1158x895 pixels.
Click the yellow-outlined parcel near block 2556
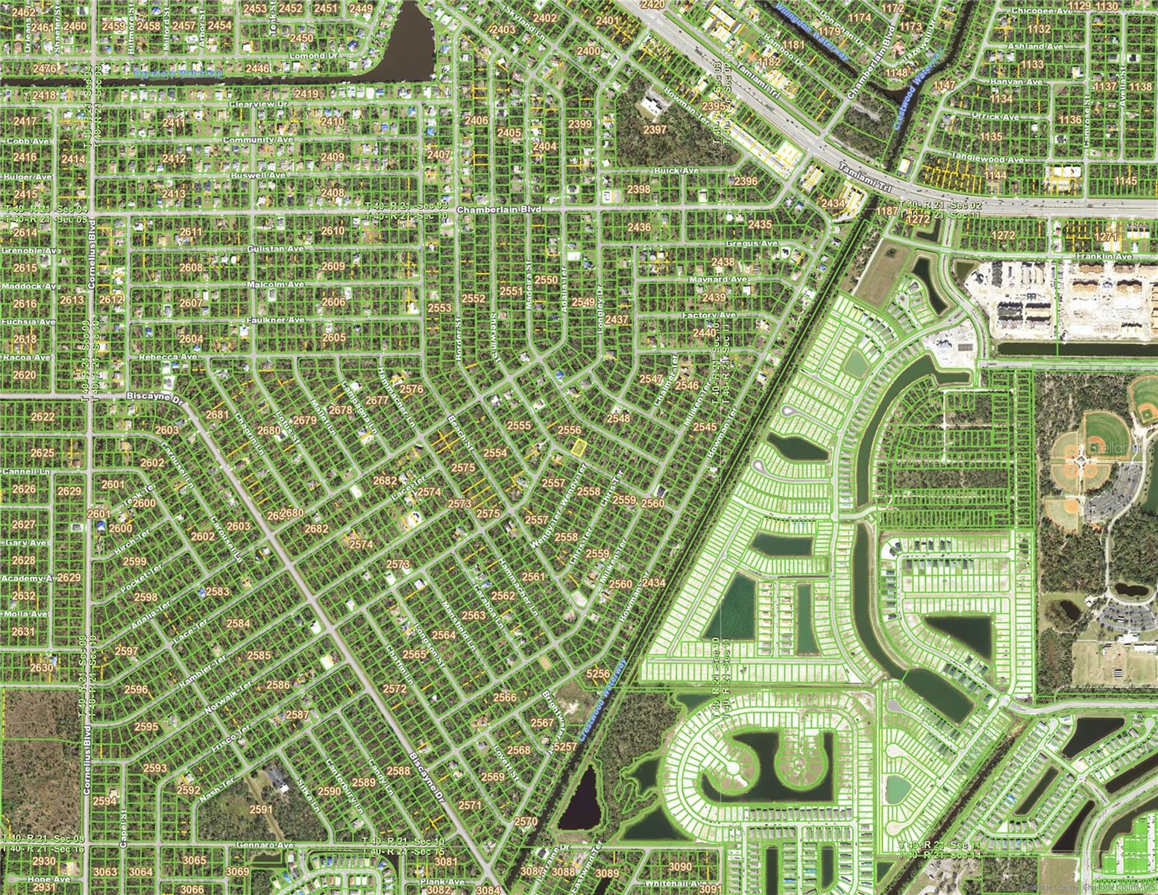point(579,448)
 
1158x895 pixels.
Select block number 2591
point(261,809)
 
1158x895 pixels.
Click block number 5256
point(598,673)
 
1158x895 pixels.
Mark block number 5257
point(566,746)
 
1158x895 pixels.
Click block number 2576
point(412,389)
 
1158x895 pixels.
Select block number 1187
point(887,212)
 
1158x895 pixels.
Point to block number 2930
point(44,861)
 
